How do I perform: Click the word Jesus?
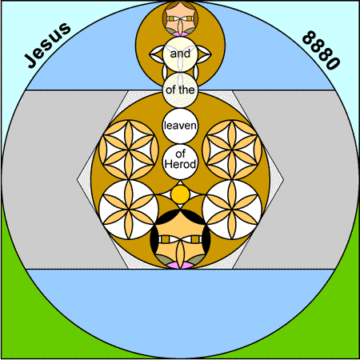coord(47,45)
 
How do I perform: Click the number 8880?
coord(322,50)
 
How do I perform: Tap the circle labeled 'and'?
coord(180,54)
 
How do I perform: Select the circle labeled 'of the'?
coord(180,90)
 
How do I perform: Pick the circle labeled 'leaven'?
coord(180,126)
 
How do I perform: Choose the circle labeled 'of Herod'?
coord(180,162)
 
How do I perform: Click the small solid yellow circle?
coord(180,194)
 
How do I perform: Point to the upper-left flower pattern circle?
coord(129,150)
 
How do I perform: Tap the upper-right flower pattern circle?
coord(232,150)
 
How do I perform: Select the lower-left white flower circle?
coord(129,210)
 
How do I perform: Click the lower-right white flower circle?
coord(232,210)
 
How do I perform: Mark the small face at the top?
coord(180,18)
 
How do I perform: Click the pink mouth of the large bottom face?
coord(180,266)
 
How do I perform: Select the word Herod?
coord(180,164)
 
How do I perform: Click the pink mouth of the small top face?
coord(180,34)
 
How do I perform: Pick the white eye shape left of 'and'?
coord(157,54)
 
